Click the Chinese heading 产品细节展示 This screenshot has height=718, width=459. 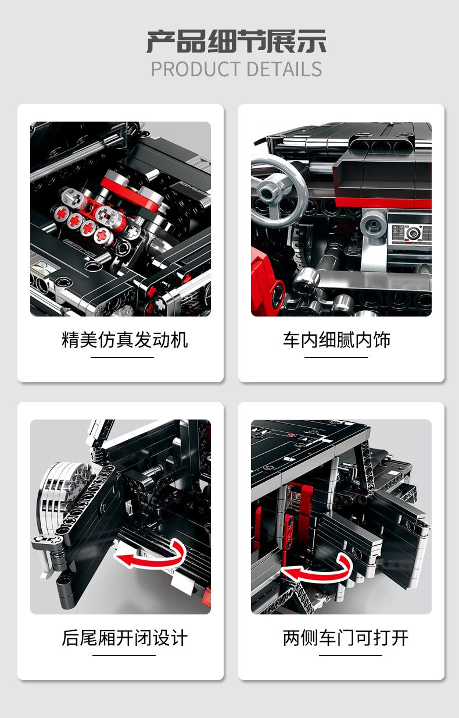[x=236, y=41]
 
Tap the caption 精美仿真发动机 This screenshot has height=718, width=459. [x=124, y=340]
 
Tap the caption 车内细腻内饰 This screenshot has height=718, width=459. [x=336, y=340]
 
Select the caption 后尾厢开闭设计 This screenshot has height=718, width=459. [x=124, y=638]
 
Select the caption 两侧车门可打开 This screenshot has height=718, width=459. [x=345, y=638]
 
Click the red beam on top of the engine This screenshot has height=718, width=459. [x=131, y=193]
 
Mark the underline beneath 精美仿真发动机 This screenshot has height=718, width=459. [x=122, y=357]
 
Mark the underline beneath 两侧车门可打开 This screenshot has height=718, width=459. [x=350, y=655]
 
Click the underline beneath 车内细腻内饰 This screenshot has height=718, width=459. [x=336, y=357]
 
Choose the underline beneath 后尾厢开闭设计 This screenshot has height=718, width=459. [x=124, y=655]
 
